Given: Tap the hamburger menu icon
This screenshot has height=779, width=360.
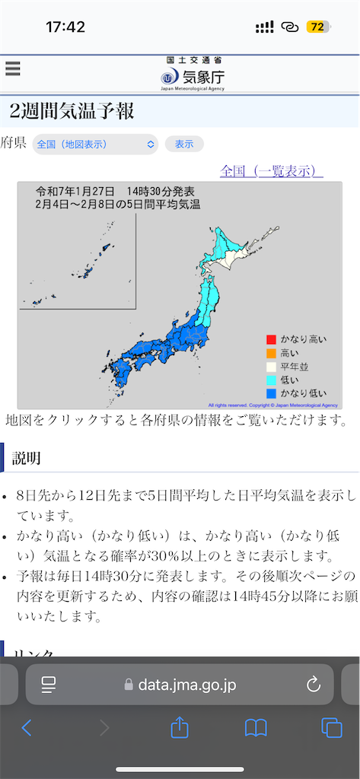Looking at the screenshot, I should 12,68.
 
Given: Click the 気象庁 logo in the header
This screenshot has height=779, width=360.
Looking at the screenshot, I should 193,75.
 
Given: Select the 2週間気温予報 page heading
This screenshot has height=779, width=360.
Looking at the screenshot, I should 72,111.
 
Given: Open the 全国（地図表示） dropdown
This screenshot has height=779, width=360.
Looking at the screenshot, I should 95,144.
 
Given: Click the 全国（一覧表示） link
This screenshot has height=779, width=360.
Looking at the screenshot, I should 272,170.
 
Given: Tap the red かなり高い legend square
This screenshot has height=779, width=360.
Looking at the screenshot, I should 270,339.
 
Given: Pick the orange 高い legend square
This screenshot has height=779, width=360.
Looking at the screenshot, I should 270,352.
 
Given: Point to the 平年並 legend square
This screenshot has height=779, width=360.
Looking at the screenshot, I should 270,366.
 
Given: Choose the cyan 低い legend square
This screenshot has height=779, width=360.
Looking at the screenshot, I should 270,380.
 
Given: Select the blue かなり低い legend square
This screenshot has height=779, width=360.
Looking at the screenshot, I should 270,393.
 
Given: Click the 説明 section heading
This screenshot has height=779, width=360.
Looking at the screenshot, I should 26,457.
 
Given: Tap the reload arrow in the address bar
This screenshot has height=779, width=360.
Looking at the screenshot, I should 314,685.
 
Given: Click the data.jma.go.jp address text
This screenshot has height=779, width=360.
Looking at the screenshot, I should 186,685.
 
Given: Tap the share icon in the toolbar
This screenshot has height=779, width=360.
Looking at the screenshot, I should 180,728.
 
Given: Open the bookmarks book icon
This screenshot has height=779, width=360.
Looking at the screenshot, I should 256,728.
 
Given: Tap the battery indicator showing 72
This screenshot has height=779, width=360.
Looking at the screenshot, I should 317,27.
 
